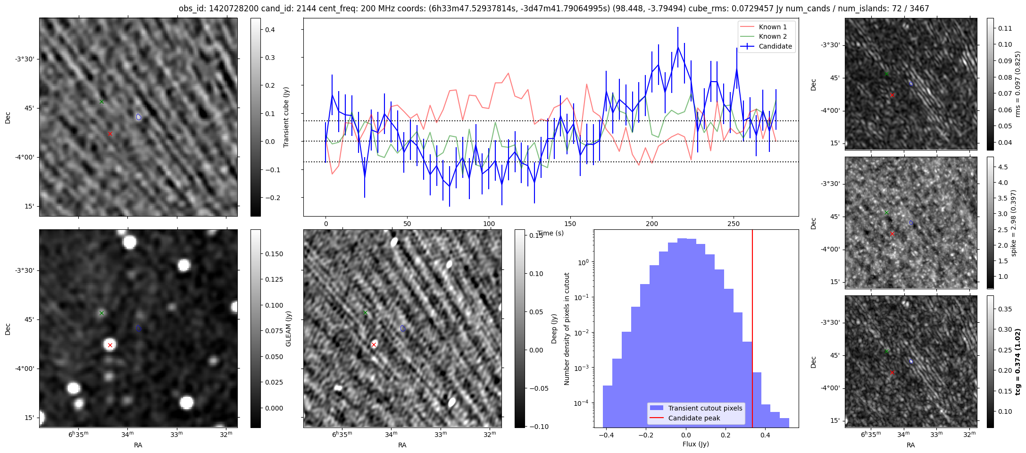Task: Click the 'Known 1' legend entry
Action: [x=773, y=27]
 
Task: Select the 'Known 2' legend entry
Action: [x=773, y=36]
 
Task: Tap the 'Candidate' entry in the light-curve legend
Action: [x=775, y=46]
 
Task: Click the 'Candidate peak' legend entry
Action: [x=694, y=418]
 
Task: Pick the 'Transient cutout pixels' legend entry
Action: [x=705, y=408]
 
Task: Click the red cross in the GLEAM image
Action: [x=110, y=345]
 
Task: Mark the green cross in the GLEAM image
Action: [x=101, y=313]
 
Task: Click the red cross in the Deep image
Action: [x=374, y=345]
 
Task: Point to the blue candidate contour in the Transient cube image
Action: [x=139, y=117]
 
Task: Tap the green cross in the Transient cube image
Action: [x=101, y=101]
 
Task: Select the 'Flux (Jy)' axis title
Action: [x=695, y=444]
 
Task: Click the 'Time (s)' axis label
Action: [x=550, y=233]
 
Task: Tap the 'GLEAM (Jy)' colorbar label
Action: [x=289, y=328]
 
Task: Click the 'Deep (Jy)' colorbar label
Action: [x=554, y=328]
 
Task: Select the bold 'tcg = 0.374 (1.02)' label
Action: [x=1018, y=361]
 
